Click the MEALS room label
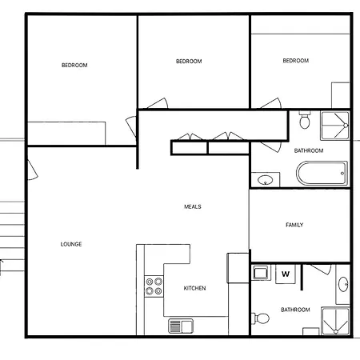[193, 206]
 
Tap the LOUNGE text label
[71, 244]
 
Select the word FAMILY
[294, 225]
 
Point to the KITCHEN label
[194, 288]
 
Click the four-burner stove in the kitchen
[154, 286]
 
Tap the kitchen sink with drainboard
[181, 326]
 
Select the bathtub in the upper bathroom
[322, 174]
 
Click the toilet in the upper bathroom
[305, 120]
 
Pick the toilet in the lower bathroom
[261, 318]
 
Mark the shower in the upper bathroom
[335, 126]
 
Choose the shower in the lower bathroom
[335, 321]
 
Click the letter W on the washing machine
[286, 274]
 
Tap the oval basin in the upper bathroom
[266, 180]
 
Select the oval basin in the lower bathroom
[343, 284]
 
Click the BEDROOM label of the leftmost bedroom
[74, 65]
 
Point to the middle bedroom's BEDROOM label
[189, 62]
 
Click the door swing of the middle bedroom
[159, 103]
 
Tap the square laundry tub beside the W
[260, 273]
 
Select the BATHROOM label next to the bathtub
[309, 150]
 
